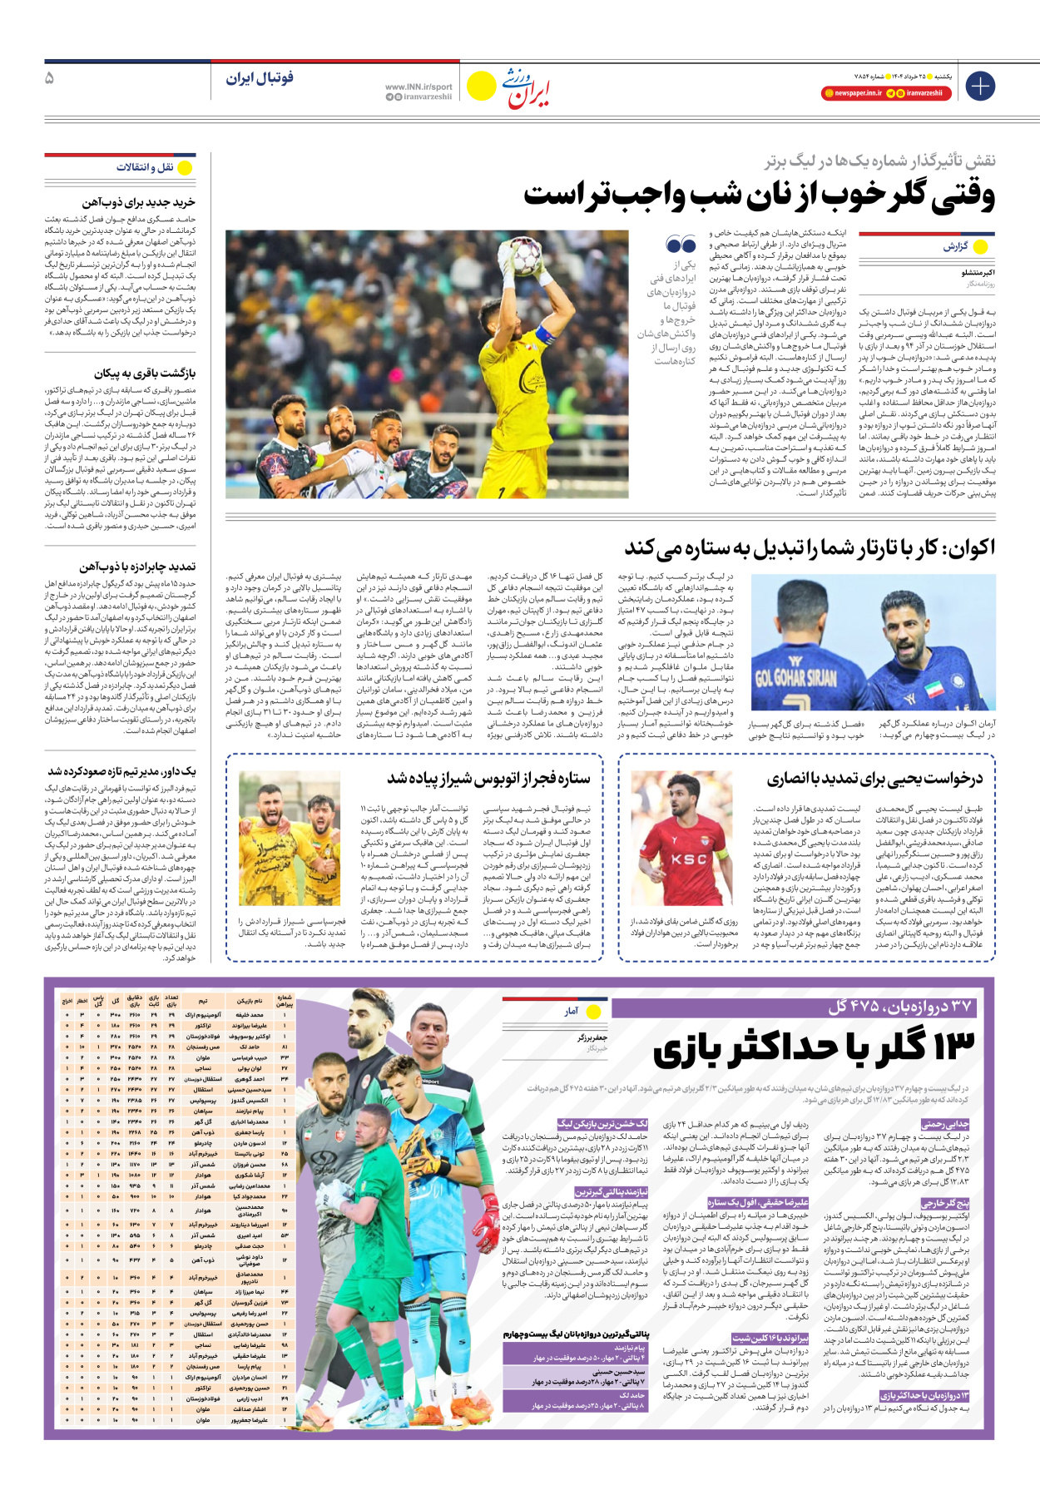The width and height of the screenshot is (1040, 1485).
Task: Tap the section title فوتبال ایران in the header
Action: tap(260, 78)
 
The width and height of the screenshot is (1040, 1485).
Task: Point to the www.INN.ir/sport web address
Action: tap(418, 87)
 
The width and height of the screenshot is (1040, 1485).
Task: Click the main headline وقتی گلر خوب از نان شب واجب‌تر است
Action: tap(759, 196)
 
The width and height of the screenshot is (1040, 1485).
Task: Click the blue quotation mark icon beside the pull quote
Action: tap(681, 245)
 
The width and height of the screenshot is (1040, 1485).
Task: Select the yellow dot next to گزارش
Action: tap(981, 247)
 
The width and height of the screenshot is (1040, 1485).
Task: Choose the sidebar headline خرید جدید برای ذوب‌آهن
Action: tap(138, 202)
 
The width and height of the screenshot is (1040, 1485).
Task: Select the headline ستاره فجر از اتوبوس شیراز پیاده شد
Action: tap(488, 779)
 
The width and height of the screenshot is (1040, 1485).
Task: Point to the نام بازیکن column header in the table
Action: tap(250, 1001)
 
